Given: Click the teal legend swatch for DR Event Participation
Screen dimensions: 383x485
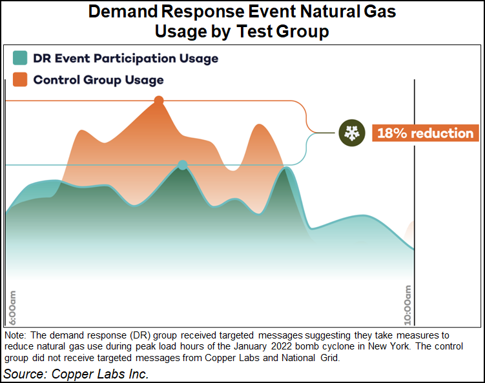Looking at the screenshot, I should coord(20,59).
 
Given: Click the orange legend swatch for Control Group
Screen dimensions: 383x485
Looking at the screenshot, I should coord(20,80).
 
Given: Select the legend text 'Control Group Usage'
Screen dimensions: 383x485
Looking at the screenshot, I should coord(98,80).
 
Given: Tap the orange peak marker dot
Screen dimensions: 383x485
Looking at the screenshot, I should coord(158,101).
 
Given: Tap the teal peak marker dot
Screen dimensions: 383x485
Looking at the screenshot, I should coord(183,165).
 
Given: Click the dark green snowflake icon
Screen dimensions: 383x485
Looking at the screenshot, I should coord(351,133).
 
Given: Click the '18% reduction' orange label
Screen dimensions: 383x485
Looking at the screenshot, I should coord(425,133).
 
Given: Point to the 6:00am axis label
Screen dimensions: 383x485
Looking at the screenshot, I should coord(13,308).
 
